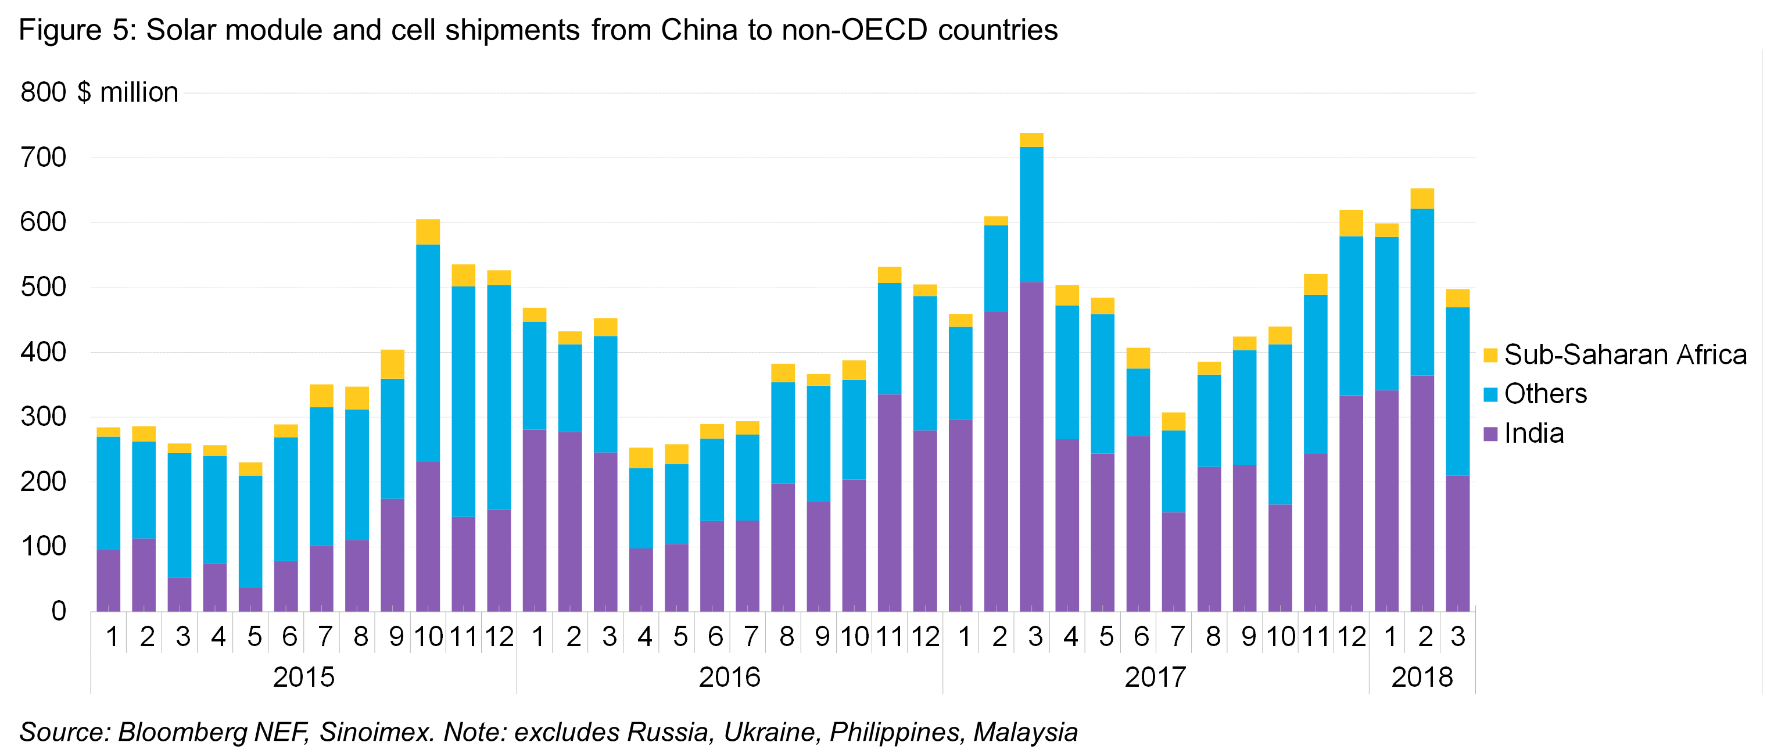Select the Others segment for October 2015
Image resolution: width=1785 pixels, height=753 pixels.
click(x=428, y=353)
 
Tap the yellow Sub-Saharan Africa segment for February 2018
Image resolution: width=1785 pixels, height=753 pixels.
click(x=1422, y=199)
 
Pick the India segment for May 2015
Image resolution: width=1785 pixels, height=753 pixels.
click(x=250, y=600)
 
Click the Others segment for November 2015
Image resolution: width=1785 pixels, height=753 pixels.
click(x=463, y=402)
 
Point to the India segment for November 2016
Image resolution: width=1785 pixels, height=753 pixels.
click(x=890, y=503)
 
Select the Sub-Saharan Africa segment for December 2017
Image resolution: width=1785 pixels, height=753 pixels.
click(x=1351, y=223)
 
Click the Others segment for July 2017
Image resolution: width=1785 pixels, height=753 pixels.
click(x=1174, y=471)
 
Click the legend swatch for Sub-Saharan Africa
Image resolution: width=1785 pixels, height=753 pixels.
click(x=1490, y=356)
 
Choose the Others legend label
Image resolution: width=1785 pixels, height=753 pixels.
click(x=1545, y=394)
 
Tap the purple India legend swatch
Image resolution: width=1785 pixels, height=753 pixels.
click(x=1490, y=435)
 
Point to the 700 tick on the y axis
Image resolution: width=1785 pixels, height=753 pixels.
click(x=44, y=158)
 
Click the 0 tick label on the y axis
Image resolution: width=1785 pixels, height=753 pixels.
click(x=58, y=611)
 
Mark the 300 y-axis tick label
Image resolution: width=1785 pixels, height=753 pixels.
click(x=44, y=417)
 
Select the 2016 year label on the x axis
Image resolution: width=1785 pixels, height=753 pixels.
click(x=729, y=677)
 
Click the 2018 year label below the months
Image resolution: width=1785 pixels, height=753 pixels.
click(x=1422, y=677)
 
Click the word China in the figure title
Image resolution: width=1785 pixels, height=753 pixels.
click(x=699, y=30)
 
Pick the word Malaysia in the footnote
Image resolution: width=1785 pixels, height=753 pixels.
click(x=1026, y=732)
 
